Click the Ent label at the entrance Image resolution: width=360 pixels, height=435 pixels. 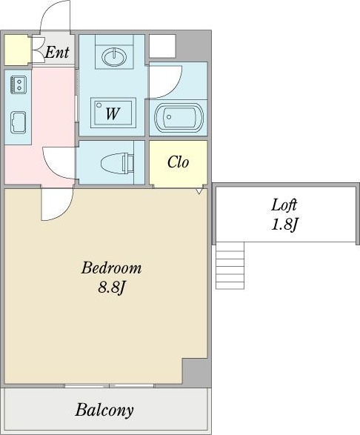[57, 52]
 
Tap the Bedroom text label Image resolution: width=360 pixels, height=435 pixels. [111, 268]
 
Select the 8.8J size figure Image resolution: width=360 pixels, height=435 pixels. [112, 288]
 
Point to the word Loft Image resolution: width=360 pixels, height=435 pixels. [284, 205]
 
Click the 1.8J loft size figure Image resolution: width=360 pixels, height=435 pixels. [284, 224]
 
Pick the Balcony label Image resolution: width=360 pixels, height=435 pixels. [104, 411]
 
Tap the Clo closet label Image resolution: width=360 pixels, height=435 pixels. [178, 162]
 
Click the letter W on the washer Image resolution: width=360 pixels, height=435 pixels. [113, 113]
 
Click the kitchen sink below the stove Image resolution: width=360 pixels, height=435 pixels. [18, 122]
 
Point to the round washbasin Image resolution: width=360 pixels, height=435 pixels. [114, 57]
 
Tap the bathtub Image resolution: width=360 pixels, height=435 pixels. [179, 117]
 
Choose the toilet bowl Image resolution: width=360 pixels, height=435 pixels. [117, 163]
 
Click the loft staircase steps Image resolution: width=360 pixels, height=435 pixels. [230, 265]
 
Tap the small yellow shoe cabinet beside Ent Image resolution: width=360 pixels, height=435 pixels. [17, 50]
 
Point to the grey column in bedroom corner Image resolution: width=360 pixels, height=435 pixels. [196, 371]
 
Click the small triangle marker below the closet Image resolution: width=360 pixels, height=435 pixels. [199, 191]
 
